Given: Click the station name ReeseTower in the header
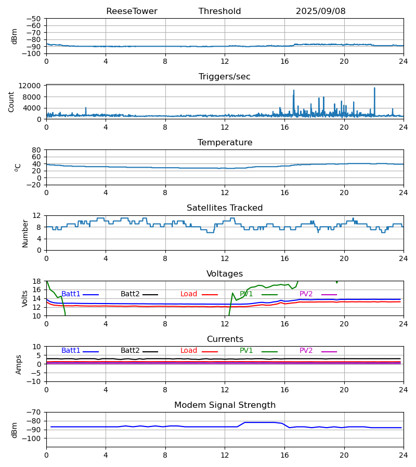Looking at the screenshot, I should point(132,11).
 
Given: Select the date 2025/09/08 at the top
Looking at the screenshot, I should point(320,11).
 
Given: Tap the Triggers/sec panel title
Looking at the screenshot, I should point(225,77).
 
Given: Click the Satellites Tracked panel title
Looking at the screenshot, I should point(225,208).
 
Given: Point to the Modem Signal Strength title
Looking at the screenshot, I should point(225,405).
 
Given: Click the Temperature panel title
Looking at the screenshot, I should point(225,143).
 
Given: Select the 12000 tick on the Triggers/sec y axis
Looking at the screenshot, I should point(32,86).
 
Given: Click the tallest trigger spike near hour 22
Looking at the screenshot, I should point(374,88).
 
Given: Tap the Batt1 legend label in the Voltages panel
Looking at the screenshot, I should point(71,294).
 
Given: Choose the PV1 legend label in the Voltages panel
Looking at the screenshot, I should point(246,294).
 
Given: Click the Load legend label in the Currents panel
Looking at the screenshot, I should point(189,351).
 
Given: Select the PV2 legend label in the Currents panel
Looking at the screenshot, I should point(306,351).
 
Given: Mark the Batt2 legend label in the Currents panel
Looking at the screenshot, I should point(130,351).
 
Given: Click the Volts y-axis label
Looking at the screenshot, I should point(25,298).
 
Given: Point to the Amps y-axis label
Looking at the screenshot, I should point(19,364).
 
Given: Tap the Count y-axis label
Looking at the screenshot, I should point(11,102).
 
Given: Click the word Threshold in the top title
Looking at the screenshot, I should point(219,11).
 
